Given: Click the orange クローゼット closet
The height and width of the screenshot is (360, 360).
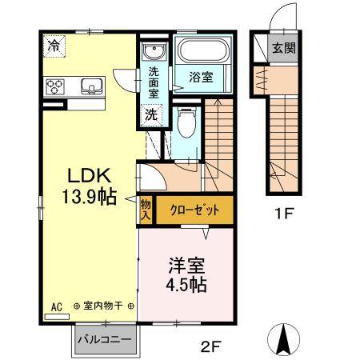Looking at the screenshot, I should tap(194, 210).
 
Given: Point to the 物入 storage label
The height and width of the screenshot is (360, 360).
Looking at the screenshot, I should tap(146, 210).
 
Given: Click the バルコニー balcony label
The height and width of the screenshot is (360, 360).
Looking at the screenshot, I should tap(104, 340).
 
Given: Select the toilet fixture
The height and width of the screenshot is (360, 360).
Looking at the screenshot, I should tap(186, 125).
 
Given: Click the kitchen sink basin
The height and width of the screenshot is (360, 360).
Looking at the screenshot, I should tap(90, 86).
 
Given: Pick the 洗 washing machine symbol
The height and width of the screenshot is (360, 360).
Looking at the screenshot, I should tap(150, 114).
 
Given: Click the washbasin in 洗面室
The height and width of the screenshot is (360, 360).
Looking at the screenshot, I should tap(153, 53).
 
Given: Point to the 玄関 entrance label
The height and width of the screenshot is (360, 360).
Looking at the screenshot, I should tap(282, 47).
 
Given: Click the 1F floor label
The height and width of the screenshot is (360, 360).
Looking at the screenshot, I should tap(286, 214).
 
